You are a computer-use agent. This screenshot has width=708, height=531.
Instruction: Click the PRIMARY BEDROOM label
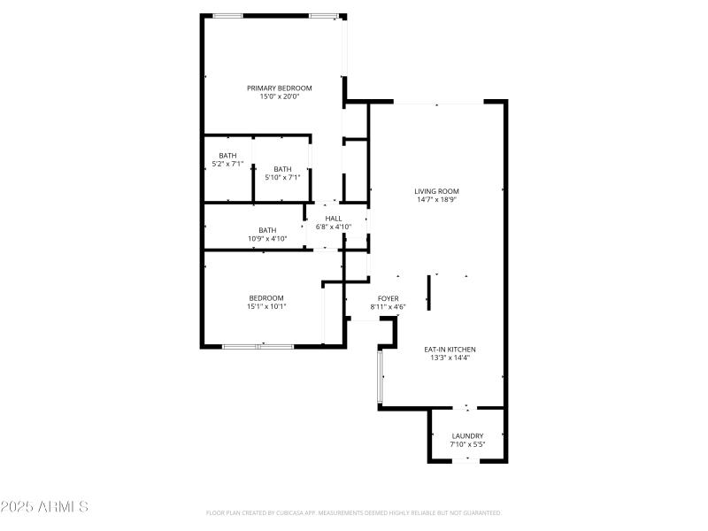pos(279,88)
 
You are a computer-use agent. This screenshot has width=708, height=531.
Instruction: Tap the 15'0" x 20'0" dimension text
pos(279,96)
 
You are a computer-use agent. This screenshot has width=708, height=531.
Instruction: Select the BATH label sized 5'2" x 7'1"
pos(227,156)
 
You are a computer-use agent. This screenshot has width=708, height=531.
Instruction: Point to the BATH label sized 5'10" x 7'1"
pos(282,169)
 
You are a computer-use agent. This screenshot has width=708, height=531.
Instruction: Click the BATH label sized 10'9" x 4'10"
pos(267,230)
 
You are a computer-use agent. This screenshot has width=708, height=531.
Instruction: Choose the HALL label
pos(334,219)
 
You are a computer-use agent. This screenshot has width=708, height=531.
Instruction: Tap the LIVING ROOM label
pos(437,191)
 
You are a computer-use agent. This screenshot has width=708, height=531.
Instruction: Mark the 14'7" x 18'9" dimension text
pos(437,200)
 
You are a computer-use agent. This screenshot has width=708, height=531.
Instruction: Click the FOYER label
pos(388,298)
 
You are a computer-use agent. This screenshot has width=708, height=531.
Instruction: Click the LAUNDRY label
pos(467,435)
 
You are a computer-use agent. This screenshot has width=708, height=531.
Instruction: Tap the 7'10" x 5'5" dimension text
pos(467,444)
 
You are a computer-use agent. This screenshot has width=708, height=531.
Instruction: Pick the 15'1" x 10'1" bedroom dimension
pos(266,306)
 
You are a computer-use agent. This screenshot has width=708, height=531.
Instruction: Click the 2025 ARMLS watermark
pos(44,507)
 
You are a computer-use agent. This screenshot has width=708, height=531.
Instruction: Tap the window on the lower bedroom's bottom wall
pos(258,346)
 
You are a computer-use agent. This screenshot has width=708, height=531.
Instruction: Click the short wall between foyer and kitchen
pos(429,292)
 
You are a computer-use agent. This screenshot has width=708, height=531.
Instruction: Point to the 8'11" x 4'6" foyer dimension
pos(388,307)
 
